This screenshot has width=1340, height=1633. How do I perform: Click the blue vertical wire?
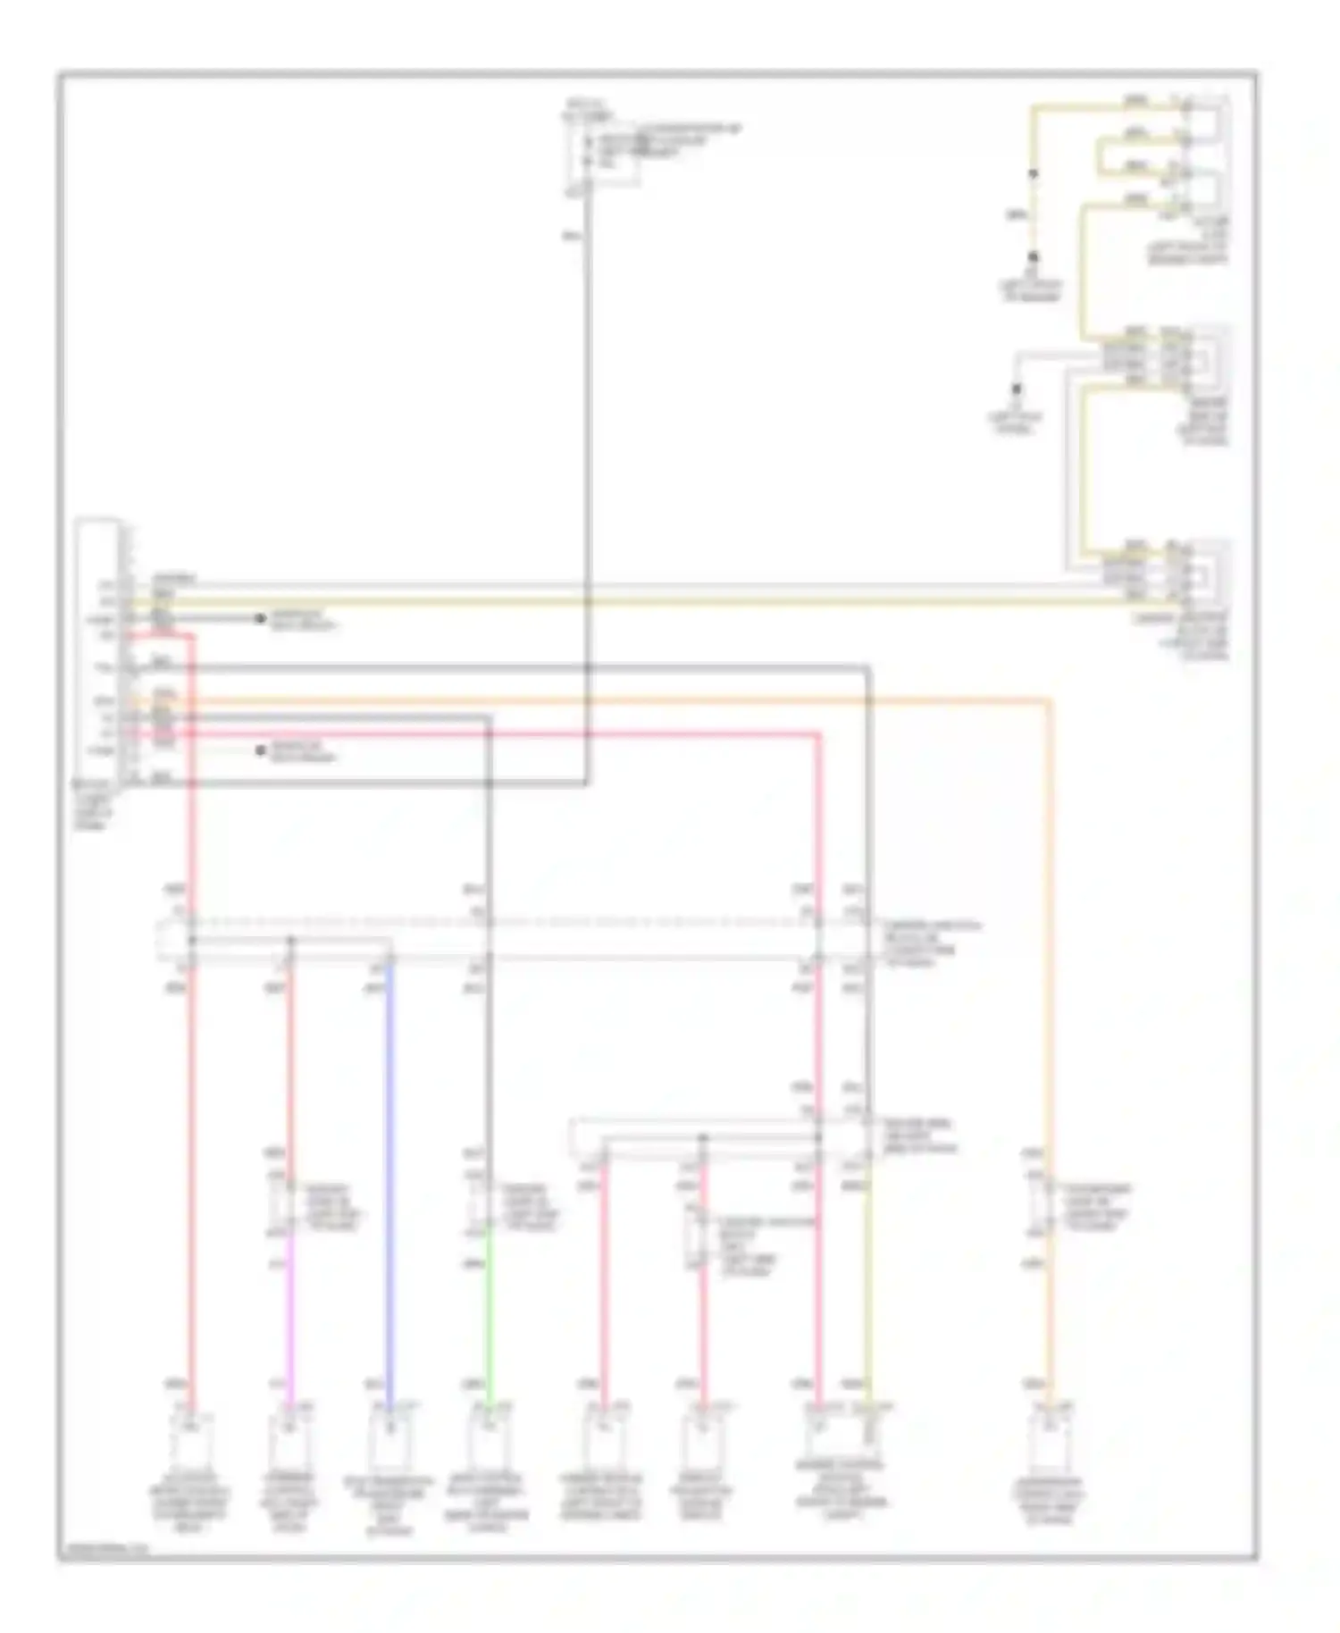389,1161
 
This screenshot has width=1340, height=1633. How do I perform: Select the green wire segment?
488,1313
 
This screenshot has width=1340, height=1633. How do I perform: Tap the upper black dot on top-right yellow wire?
1034,173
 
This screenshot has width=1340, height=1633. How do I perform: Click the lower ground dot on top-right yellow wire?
1034,256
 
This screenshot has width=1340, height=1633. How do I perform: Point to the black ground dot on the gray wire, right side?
1016,389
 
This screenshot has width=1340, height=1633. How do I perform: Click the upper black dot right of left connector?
260,618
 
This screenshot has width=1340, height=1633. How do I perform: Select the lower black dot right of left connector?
260,750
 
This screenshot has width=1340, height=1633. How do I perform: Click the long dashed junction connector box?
514,940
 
